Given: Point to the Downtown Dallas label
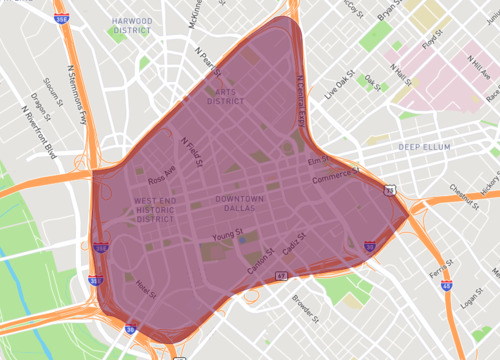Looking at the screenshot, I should coord(240,205).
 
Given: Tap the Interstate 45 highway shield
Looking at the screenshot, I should coord(445,285).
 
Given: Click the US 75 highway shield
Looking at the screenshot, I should coord(388,188).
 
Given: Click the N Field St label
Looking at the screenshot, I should coord(192,151).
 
